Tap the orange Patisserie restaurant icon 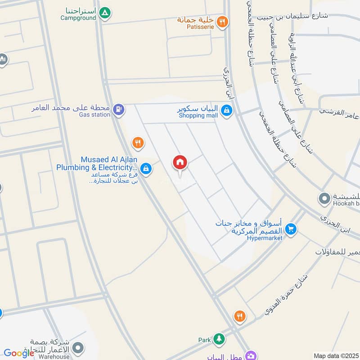point(222,21)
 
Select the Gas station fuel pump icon point(118,109)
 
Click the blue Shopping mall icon point(227,109)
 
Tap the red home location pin point(180,163)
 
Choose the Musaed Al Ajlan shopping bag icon point(145,169)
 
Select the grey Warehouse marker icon point(78,348)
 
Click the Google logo point(19,353)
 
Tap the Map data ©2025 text point(335,355)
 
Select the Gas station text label point(94,115)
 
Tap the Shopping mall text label point(198,116)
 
